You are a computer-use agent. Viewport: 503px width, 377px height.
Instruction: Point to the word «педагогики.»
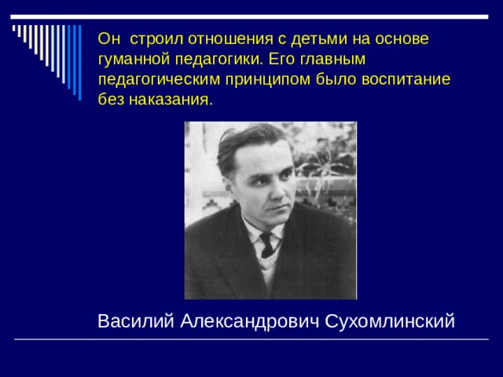click(213, 59)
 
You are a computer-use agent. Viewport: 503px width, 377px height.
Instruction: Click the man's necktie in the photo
click(268, 243)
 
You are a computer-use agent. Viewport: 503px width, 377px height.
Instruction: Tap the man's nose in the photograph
click(281, 188)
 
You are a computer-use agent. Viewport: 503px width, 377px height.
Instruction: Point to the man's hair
click(244, 141)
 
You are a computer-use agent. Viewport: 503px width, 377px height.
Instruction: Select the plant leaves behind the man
click(330, 169)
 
